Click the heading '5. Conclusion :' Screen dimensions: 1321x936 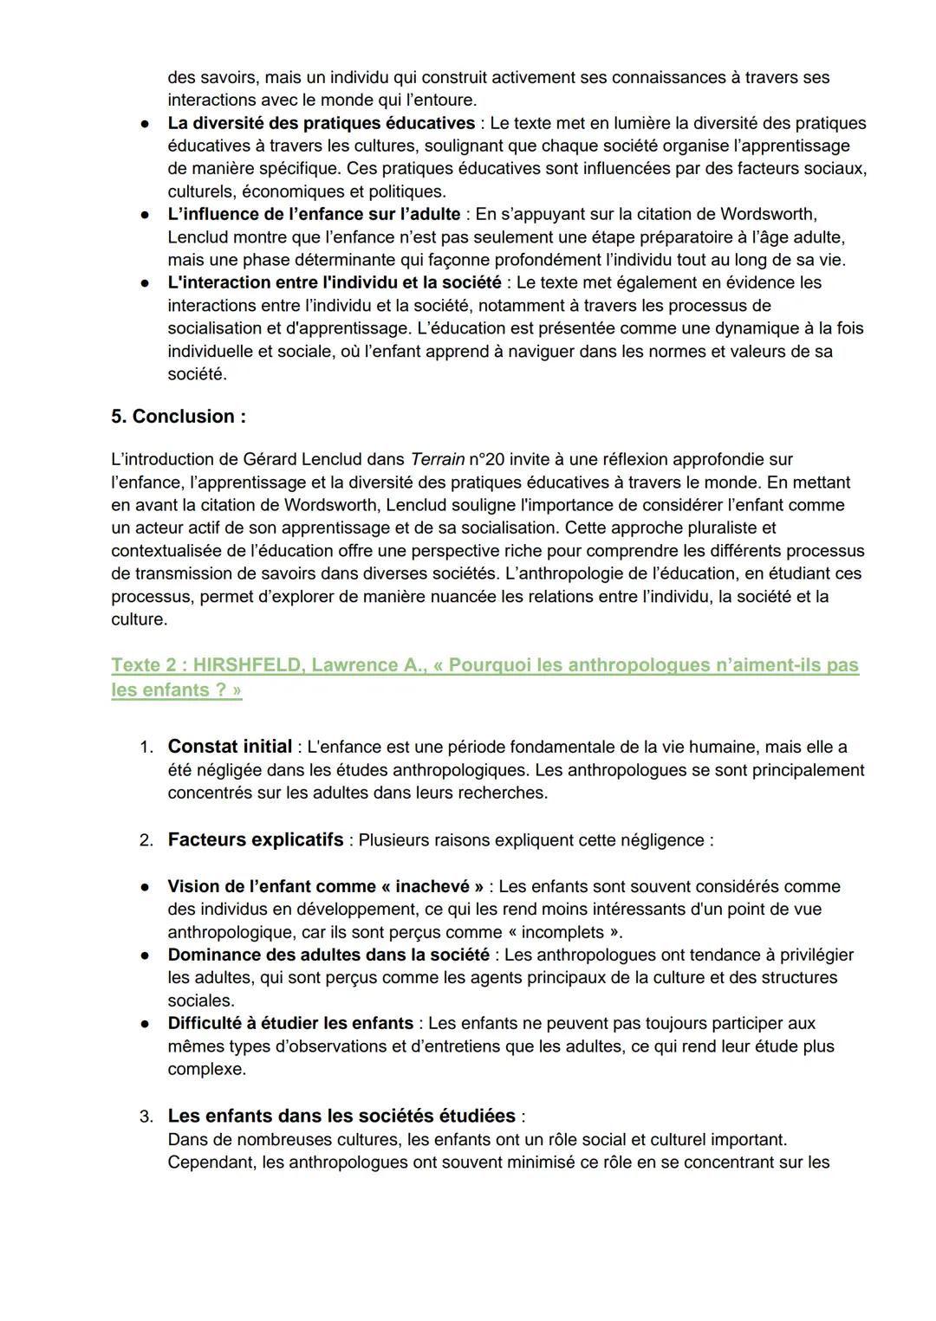tap(178, 417)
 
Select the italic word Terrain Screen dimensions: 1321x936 tap(438, 459)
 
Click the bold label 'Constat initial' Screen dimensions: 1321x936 tap(230, 747)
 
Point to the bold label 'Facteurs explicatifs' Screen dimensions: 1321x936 tap(256, 839)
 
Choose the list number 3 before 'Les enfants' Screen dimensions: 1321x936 tap(146, 1117)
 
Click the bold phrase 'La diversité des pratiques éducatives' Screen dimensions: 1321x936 tap(321, 123)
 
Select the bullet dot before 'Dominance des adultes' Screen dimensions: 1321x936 tap(146, 955)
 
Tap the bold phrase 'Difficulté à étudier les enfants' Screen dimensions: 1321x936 tap(290, 1023)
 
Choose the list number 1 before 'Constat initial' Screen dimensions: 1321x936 tap(146, 748)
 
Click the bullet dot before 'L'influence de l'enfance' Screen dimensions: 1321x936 tap(146, 215)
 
